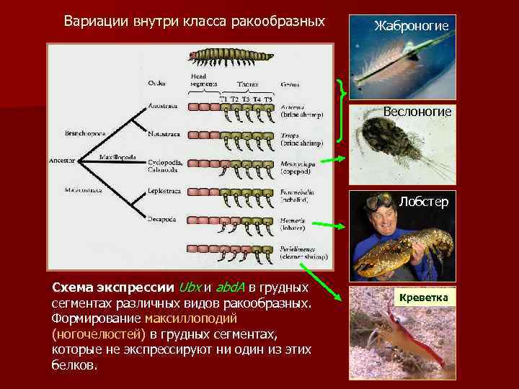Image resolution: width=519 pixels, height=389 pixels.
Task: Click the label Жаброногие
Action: click(412, 26)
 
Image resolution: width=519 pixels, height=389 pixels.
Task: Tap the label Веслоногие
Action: click(417, 112)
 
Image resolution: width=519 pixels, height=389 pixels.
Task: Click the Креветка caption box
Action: click(420, 298)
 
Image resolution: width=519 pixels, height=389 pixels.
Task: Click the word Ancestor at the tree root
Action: click(62, 161)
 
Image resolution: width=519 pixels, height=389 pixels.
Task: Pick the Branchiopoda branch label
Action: click(85, 133)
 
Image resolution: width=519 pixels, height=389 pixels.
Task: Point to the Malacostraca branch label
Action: click(84, 191)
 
